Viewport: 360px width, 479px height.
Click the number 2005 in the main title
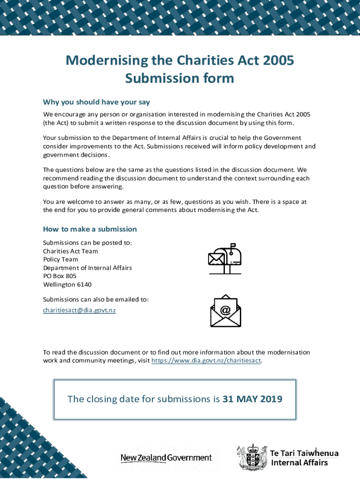click(279, 61)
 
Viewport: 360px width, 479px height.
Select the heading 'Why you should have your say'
click(96, 102)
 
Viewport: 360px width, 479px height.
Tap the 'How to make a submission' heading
click(90, 229)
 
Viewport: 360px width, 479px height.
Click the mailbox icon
click(225, 259)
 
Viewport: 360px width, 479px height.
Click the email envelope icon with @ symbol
click(225, 311)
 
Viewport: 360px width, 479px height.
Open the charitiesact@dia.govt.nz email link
click(79, 310)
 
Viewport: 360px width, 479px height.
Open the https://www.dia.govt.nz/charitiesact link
click(206, 361)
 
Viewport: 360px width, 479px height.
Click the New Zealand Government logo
click(166, 457)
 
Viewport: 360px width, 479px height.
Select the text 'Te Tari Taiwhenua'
click(304, 453)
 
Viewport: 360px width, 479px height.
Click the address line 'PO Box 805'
click(60, 276)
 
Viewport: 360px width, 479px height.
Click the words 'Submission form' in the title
click(180, 78)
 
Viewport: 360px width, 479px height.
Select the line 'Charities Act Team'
click(71, 251)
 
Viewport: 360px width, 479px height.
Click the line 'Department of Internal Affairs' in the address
click(87, 268)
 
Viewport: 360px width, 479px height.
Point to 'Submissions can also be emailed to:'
click(96, 299)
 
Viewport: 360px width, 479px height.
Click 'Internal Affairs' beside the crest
click(300, 463)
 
